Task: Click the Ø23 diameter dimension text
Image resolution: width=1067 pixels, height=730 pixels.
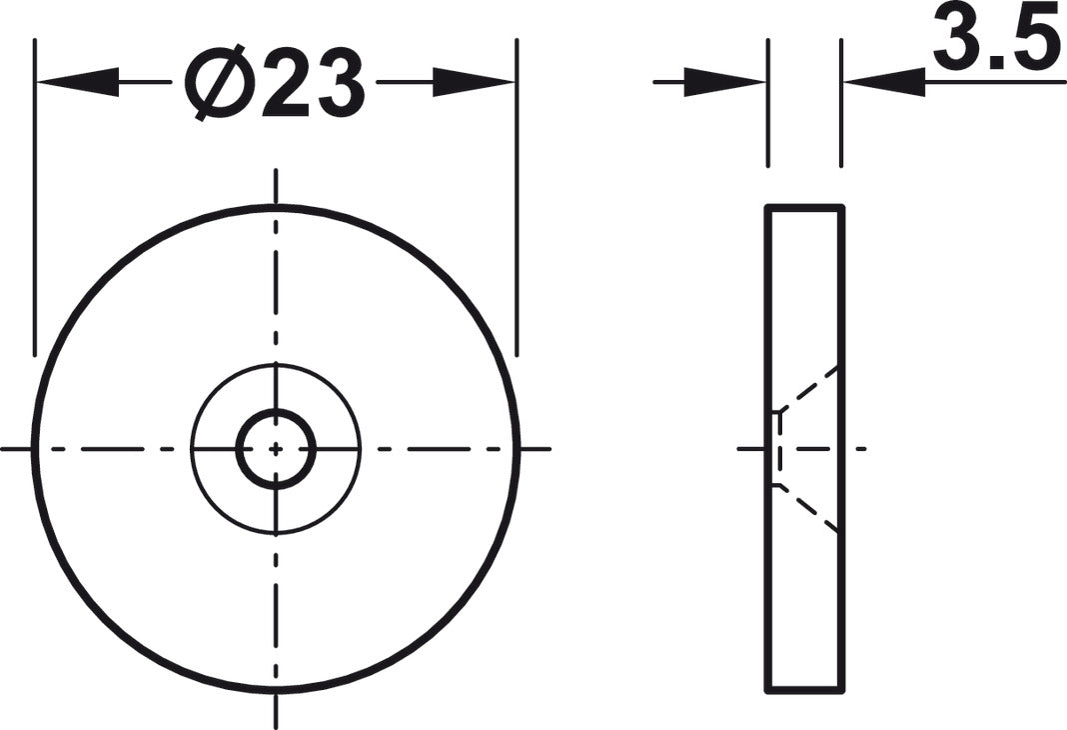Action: [275, 83]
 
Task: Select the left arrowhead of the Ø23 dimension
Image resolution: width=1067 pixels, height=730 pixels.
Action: [78, 82]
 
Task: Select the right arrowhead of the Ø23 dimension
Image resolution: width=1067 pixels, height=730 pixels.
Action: [474, 82]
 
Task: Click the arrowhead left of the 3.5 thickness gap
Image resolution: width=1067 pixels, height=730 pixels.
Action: [724, 82]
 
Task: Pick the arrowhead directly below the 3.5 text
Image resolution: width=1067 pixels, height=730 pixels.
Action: [884, 82]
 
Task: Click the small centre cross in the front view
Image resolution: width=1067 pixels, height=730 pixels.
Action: [276, 449]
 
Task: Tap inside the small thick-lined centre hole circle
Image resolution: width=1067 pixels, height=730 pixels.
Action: [276, 449]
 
